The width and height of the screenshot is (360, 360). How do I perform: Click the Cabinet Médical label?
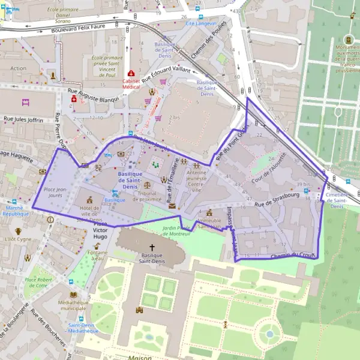pos(131,85)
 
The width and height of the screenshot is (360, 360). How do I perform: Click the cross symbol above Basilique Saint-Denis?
pos(152,247)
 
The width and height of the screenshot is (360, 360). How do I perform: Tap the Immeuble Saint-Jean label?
pos(209,224)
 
